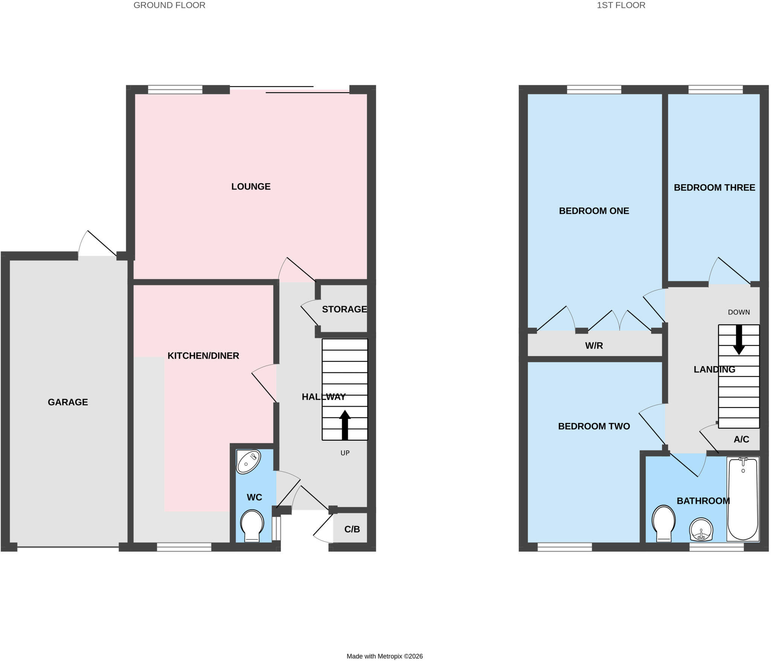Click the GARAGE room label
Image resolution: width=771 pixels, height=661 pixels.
[68, 402]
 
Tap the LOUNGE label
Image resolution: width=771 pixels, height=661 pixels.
[251, 186]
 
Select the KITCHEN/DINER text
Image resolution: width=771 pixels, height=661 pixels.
[203, 356]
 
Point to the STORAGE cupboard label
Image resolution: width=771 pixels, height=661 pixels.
[344, 309]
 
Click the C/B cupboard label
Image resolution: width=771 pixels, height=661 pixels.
[352, 529]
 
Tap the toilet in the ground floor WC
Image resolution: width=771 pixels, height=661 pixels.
[252, 525]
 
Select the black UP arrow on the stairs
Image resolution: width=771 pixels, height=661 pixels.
[345, 425]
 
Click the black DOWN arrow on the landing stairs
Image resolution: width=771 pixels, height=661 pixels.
[739, 340]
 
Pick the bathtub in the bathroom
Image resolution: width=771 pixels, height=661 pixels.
[743, 499]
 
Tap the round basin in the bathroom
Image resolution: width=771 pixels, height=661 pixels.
[701, 529]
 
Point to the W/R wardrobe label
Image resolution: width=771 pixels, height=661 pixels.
[594, 345]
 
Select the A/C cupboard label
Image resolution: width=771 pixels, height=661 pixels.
[741, 439]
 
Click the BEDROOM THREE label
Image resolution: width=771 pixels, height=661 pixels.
[715, 188]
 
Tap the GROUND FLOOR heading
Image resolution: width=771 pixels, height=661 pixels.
[169, 5]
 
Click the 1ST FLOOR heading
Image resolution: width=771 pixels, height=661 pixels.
[621, 5]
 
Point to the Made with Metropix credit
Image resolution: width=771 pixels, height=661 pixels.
[385, 656]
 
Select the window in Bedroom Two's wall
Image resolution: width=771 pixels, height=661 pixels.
[565, 547]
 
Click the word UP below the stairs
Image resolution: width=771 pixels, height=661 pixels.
[345, 453]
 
